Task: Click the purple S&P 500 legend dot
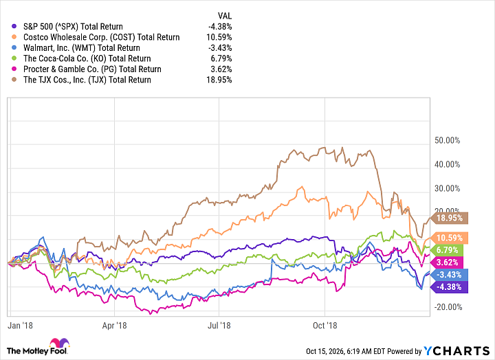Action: click(x=14, y=27)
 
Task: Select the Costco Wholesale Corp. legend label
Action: click(x=101, y=37)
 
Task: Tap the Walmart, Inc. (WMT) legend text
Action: click(x=81, y=48)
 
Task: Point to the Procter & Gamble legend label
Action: click(x=92, y=69)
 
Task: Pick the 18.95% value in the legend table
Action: click(x=219, y=80)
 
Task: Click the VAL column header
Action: click(x=224, y=16)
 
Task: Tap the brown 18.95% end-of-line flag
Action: click(x=449, y=218)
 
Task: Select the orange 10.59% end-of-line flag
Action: click(x=449, y=238)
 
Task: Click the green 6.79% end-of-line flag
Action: click(x=447, y=250)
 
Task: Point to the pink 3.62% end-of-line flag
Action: click(x=447, y=262)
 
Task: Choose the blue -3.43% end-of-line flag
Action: click(x=449, y=275)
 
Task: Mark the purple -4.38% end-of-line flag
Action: click(x=449, y=287)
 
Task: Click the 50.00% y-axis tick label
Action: click(x=448, y=140)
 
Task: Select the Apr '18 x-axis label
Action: click(x=114, y=325)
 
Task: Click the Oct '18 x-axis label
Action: click(x=324, y=325)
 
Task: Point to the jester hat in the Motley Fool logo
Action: click(x=59, y=342)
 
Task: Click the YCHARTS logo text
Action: click(x=456, y=351)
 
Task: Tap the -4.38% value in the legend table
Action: click(x=220, y=27)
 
